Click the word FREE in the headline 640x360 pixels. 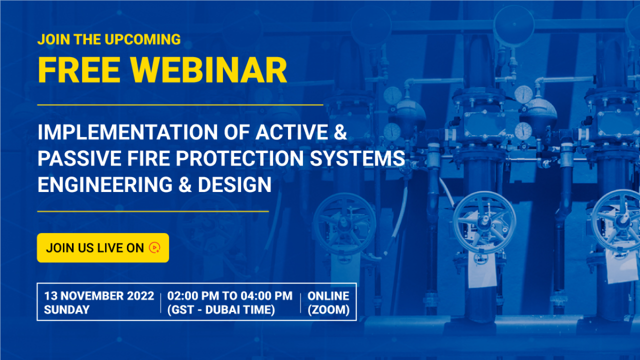[79, 70]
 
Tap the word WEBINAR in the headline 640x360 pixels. [209, 70]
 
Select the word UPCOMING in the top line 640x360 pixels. [143, 39]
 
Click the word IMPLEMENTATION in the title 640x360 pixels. [127, 132]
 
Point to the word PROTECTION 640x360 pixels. [239, 158]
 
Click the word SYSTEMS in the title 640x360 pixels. [357, 158]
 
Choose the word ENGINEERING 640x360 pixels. [105, 185]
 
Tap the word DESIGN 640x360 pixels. [234, 185]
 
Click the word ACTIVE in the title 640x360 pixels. [291, 132]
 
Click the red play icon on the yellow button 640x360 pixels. [154, 247]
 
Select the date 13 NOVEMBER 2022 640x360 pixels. [99, 296]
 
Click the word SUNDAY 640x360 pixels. [67, 309]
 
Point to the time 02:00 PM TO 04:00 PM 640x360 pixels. [230, 296]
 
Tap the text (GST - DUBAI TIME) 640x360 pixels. [221, 309]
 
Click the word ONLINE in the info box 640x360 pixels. [328, 296]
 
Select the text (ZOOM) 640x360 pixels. [328, 309]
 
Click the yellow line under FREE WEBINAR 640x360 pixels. [180, 105]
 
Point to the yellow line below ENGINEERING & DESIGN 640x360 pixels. [153, 211]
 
